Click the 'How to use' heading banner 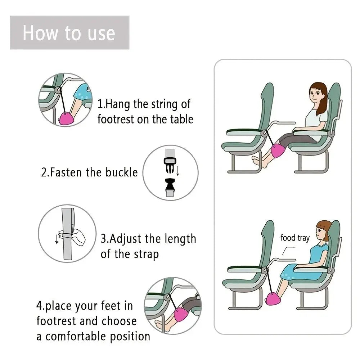pos(69,33)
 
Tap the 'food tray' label pos(295,238)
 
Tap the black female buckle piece pos(170,184)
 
